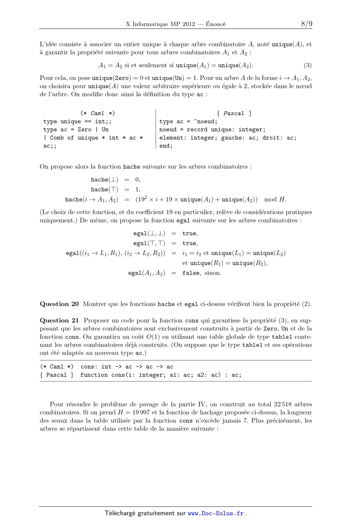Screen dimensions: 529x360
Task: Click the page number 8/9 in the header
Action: pyautogui.click(x=307, y=24)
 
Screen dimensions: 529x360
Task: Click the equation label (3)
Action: pyautogui.click(x=307, y=65)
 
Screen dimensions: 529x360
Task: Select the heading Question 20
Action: pyautogui.click(x=59, y=304)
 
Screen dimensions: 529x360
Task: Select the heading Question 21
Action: pyautogui.click(x=60, y=320)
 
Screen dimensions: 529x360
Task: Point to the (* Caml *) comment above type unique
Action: pyautogui.click(x=97, y=113)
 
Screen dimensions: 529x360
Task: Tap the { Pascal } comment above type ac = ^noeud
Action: pyautogui.click(x=234, y=113)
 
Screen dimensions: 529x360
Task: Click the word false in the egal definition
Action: pyautogui.click(x=191, y=273)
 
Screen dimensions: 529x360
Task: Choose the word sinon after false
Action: pyautogui.click(x=213, y=273)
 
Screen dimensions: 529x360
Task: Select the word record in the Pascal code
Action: pyautogui.click(x=197, y=130)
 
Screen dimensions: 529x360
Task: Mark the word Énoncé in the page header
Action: pyautogui.click(x=216, y=24)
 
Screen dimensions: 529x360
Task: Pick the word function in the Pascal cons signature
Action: pyautogui.click(x=94, y=375)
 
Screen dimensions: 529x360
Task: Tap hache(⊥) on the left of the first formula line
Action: pyautogui.click(x=105, y=180)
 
